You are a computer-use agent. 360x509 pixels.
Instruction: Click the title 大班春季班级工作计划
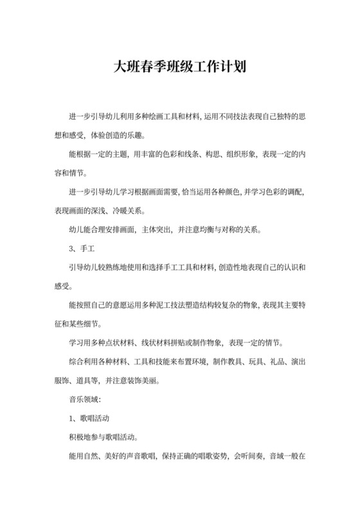pyautogui.click(x=180, y=67)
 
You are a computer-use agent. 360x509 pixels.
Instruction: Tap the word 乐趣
pyautogui.click(x=137, y=136)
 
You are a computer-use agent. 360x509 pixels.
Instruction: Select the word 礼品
pyautogui.click(x=278, y=361)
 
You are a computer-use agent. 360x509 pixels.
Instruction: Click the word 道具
pyautogui.click(x=83, y=380)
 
